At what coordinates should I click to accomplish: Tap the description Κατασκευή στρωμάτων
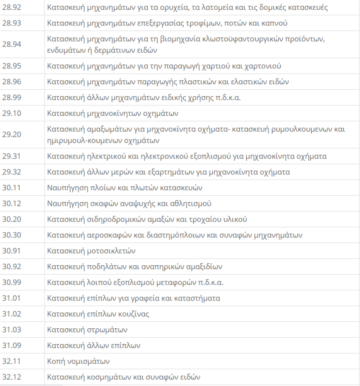coord(87,330)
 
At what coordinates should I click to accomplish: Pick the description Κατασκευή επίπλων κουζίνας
coord(98,314)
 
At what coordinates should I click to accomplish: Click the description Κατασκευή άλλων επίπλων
coord(94,345)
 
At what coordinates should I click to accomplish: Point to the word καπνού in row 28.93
coord(277,23)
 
